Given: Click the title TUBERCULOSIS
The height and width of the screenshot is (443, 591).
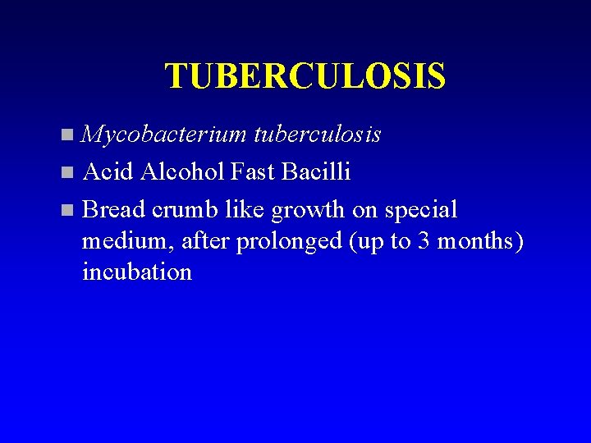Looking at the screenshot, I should click(x=305, y=76).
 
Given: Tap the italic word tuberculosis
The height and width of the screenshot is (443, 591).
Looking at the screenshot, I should click(x=318, y=134).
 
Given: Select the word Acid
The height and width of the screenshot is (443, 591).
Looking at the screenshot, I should click(x=108, y=171).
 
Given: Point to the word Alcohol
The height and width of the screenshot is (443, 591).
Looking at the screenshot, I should click(x=182, y=171).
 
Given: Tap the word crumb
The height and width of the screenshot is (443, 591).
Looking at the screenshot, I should click(x=181, y=209).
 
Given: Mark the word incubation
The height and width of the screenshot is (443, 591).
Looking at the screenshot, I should click(x=137, y=272).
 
